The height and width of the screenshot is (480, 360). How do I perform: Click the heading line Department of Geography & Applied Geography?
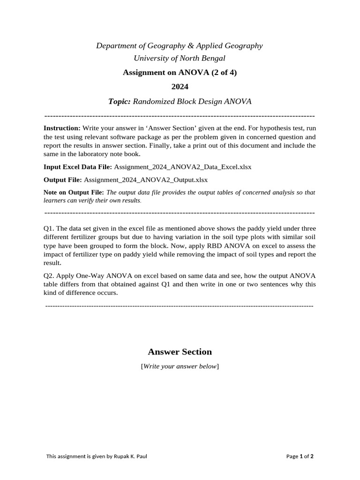(180, 45)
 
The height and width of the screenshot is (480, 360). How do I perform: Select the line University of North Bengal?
(180, 58)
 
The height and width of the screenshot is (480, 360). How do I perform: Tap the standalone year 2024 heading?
(180, 87)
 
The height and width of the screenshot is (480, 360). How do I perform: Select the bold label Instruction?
(62, 128)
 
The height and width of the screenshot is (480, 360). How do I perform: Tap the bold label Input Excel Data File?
(78, 166)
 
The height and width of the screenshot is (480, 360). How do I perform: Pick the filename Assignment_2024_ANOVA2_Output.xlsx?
(146, 180)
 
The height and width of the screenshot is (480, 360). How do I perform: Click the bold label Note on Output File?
(74, 192)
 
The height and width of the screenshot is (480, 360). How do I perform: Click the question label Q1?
(49, 228)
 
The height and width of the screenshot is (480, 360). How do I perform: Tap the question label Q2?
(49, 276)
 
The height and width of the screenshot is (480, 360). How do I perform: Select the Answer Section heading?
(180, 352)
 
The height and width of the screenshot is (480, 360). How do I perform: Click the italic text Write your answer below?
(180, 366)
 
